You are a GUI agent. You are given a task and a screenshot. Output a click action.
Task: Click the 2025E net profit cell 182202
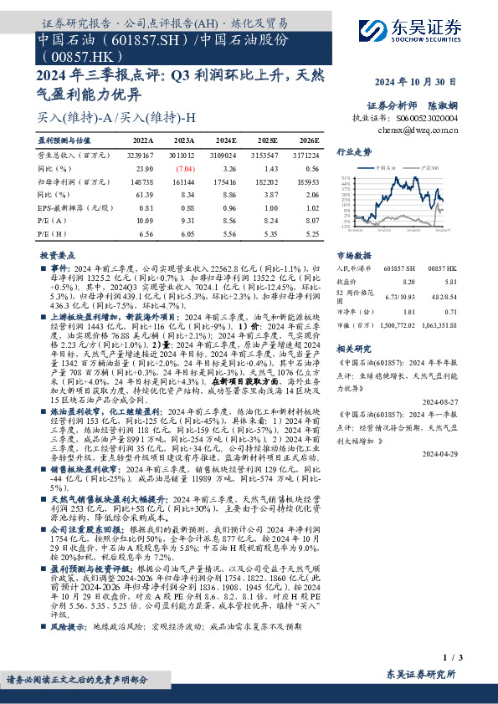[265, 181]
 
